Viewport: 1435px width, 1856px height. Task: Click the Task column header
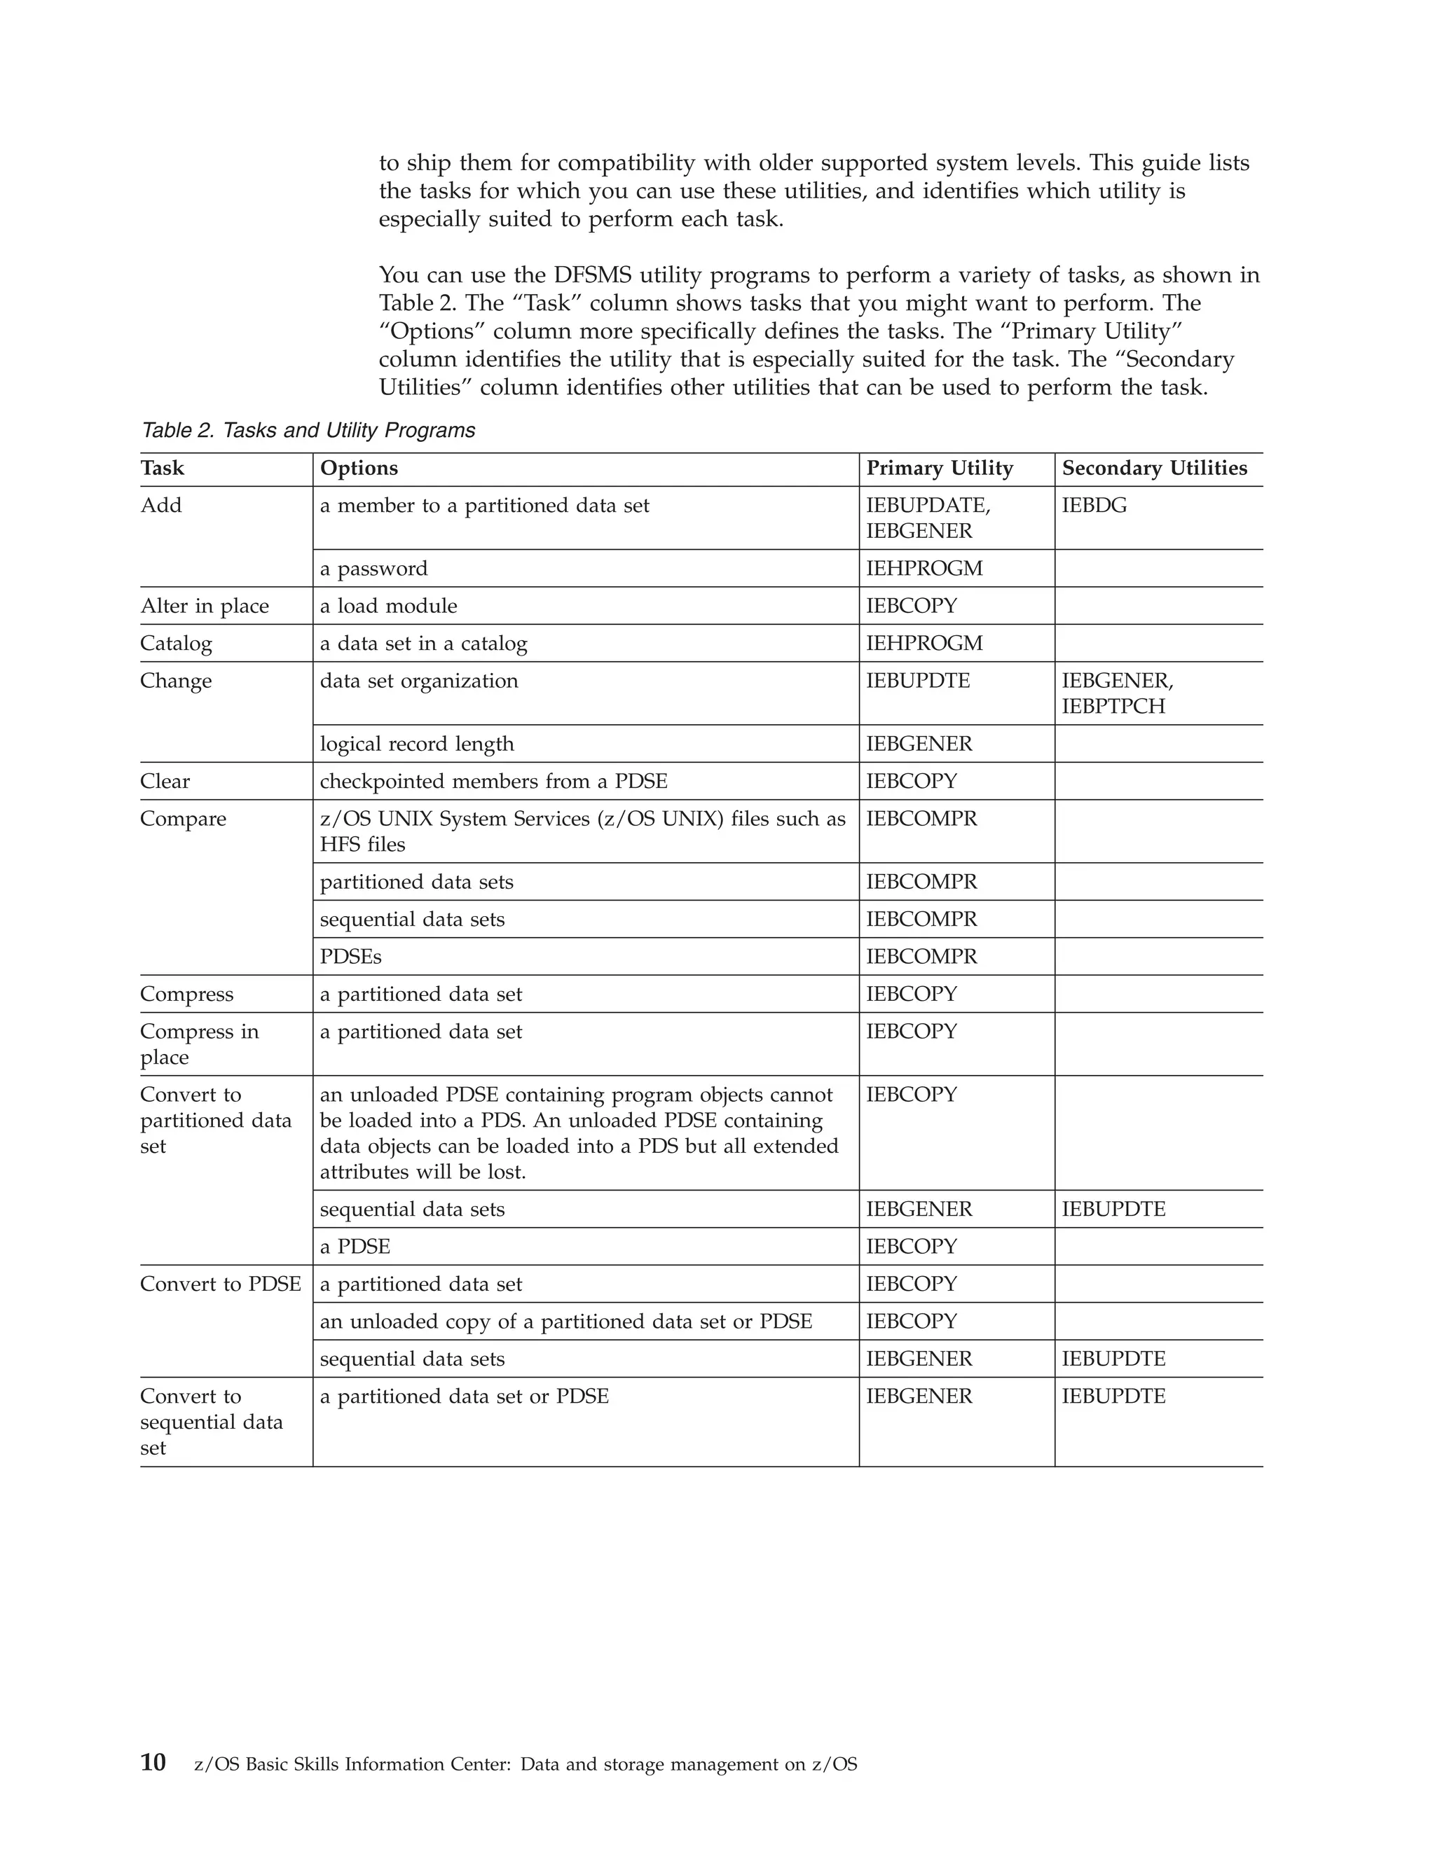(163, 469)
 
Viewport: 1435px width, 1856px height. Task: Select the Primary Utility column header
(940, 469)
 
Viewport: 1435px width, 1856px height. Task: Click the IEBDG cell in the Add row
(1094, 506)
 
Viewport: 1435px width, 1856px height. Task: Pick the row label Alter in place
(204, 606)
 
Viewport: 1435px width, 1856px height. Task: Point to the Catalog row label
(176, 644)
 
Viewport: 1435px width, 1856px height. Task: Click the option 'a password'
(373, 569)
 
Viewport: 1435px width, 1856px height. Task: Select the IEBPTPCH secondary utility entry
(1113, 706)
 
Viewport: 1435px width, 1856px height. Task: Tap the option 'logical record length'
(417, 744)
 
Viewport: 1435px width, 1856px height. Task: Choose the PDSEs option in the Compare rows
(350, 957)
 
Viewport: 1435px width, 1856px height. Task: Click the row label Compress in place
(199, 1044)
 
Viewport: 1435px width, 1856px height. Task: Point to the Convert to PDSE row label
(220, 1284)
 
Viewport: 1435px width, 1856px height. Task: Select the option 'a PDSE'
(355, 1247)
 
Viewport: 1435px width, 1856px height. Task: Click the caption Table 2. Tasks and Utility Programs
(308, 431)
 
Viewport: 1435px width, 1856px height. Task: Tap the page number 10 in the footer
(153, 1763)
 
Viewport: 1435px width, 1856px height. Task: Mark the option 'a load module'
(387, 606)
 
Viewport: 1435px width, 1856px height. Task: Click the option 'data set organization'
(418, 681)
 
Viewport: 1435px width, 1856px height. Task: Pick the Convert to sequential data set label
(211, 1422)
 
